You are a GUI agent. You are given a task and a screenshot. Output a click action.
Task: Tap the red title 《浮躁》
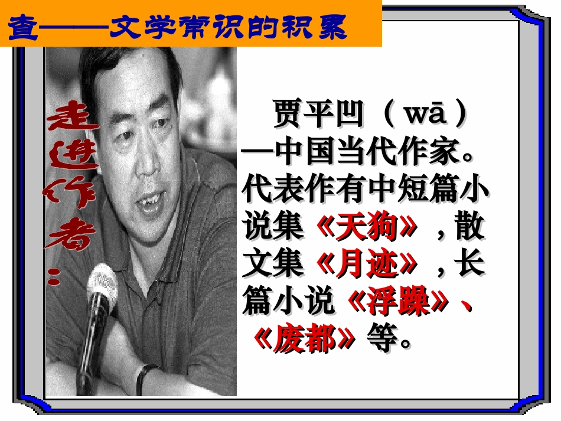pyautogui.click(x=402, y=302)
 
